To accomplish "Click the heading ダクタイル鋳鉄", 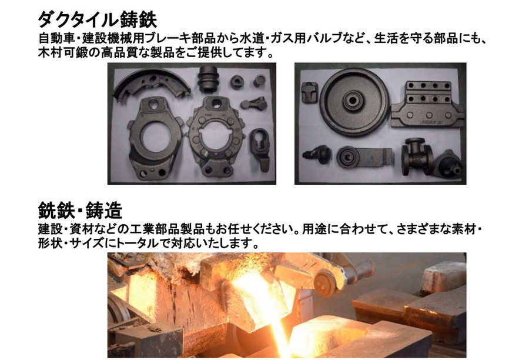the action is click(x=97, y=20).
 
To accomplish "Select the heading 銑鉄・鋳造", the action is click(x=80, y=211).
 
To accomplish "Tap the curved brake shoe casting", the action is click(x=151, y=85).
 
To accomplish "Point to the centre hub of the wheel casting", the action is click(x=353, y=99).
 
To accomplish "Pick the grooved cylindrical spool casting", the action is click(x=208, y=79).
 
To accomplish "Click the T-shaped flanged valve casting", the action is click(x=417, y=156).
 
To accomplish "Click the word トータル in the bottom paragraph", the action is click(x=138, y=243).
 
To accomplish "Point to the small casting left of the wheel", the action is click(x=310, y=92).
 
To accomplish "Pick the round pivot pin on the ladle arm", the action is click(x=326, y=283).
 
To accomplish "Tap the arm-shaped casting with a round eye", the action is click(x=364, y=158).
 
